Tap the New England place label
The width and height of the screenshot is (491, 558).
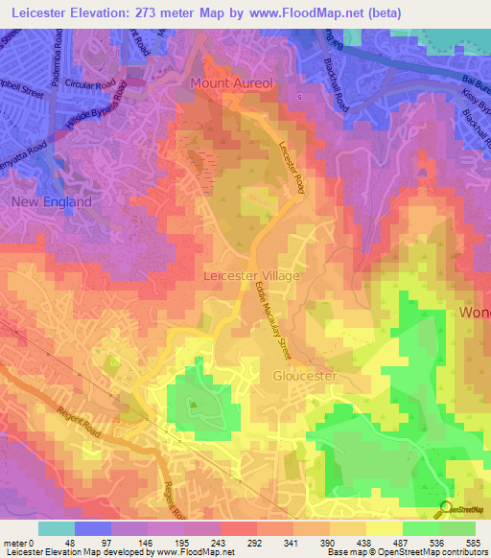[52, 202]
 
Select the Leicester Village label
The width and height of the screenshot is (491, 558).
[252, 275]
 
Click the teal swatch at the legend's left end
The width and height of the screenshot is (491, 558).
[57, 527]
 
